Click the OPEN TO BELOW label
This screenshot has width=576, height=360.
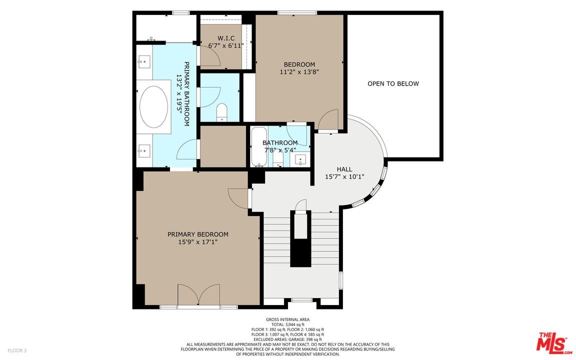coord(393,83)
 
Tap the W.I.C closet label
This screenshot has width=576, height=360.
coord(225,38)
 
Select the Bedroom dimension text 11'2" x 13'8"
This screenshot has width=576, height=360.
coord(299,71)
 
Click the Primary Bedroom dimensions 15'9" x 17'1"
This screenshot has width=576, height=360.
coord(197,242)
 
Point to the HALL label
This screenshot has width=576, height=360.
coord(344,169)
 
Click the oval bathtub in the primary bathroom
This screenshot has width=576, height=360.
coord(153,106)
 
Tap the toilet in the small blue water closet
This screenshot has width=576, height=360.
coord(222,112)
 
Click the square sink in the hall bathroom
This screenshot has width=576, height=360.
coord(301,159)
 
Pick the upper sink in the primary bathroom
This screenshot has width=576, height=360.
coord(143,62)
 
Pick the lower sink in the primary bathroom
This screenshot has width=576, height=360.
coord(143,149)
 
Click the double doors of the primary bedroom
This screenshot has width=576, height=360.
coord(198,295)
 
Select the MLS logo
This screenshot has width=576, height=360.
coord(553,343)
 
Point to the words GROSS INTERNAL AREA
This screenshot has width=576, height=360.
coord(287,319)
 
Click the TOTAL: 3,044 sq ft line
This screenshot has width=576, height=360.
coord(287,324)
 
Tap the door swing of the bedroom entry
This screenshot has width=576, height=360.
coord(329,120)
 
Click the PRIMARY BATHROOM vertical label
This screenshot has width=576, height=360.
coord(183,93)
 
